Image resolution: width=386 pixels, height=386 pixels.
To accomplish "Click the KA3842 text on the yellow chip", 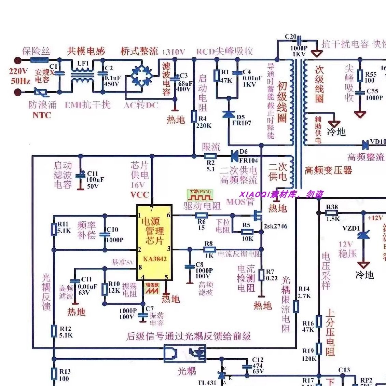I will (x=154, y=259).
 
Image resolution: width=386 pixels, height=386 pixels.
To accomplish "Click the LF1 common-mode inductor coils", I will (x=82, y=76).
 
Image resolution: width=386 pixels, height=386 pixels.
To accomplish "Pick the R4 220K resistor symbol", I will (x=194, y=116).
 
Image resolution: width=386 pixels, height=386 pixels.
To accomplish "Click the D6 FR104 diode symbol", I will (x=234, y=156).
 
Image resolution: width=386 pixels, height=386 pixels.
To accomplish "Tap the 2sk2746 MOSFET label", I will (x=275, y=226).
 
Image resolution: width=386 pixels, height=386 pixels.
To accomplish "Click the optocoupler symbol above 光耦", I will (x=185, y=353).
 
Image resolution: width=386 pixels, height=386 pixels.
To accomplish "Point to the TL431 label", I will (x=207, y=383).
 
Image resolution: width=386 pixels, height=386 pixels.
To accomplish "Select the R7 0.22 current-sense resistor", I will (x=261, y=275).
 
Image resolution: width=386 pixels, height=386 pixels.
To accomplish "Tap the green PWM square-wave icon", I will (x=200, y=195).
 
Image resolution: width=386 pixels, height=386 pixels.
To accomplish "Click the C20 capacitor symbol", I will (x=299, y=40).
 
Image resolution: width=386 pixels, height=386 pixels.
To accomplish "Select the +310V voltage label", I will (x=173, y=52).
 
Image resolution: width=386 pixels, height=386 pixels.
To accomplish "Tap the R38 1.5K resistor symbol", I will (x=331, y=213).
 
